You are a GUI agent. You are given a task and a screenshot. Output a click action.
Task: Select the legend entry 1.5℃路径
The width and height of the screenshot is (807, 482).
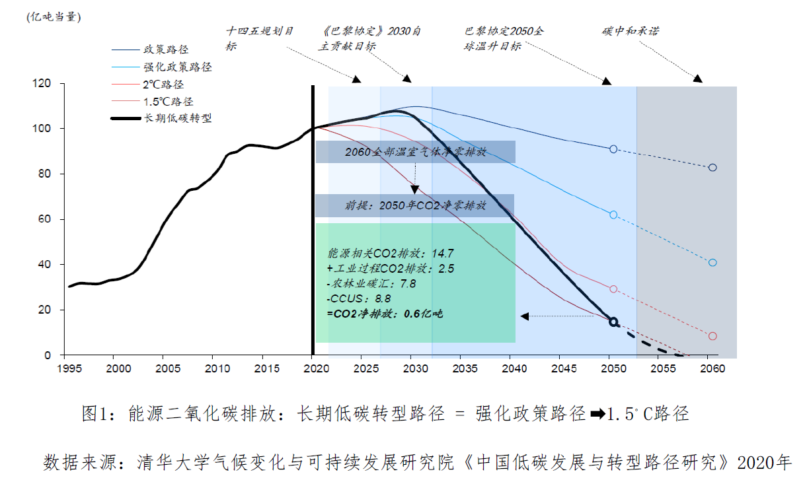pyautogui.click(x=169, y=101)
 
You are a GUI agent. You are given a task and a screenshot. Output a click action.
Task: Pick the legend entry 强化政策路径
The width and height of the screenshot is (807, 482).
pyautogui.click(x=177, y=67)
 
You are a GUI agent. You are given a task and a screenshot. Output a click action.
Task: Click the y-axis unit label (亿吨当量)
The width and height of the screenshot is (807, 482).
pyautogui.click(x=54, y=17)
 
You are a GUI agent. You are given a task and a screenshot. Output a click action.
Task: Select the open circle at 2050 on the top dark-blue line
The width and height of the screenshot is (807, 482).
pyautogui.click(x=613, y=149)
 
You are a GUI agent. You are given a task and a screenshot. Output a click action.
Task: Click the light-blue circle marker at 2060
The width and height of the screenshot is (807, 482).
pyautogui.click(x=712, y=262)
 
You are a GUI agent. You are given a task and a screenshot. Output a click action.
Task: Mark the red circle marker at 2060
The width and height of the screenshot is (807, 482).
pyautogui.click(x=712, y=336)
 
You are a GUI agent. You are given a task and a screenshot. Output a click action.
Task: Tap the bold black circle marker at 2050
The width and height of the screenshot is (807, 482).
pyautogui.click(x=613, y=322)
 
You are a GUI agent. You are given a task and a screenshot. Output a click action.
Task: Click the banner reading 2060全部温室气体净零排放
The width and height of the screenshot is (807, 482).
pyautogui.click(x=415, y=152)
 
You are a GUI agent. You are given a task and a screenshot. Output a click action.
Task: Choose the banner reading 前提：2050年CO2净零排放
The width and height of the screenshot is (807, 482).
pyautogui.click(x=414, y=205)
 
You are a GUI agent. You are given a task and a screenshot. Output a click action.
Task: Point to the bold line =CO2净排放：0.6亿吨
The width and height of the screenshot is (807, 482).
pyautogui.click(x=384, y=314)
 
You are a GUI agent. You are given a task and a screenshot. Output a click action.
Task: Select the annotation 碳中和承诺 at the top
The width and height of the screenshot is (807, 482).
pyautogui.click(x=631, y=31)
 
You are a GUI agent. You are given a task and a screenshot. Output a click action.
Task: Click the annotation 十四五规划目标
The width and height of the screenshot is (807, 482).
pyautogui.click(x=260, y=38)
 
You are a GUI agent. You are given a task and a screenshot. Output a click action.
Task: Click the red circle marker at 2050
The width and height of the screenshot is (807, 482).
pyautogui.click(x=613, y=289)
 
